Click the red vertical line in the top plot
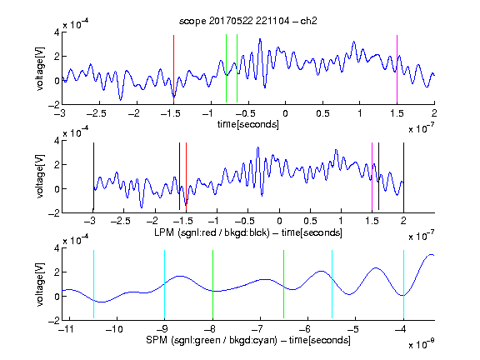(173, 69)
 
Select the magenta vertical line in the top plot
(397, 69)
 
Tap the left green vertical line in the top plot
(226, 68)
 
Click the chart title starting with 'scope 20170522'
(248, 21)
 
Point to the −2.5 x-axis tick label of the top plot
(96, 113)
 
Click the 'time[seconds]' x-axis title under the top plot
(248, 124)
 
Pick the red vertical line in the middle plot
(186, 177)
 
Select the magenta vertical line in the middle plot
(372, 177)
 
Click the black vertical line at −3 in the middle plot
(93, 177)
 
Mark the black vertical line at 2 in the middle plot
(403, 177)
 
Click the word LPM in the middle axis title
(164, 232)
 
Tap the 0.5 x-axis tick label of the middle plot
(310, 221)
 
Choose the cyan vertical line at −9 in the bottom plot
(164, 285)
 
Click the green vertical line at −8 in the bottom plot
(212, 284)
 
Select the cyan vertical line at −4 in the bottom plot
(403, 285)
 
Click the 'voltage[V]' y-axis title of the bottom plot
(40, 284)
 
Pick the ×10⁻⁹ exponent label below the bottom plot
(421, 343)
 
